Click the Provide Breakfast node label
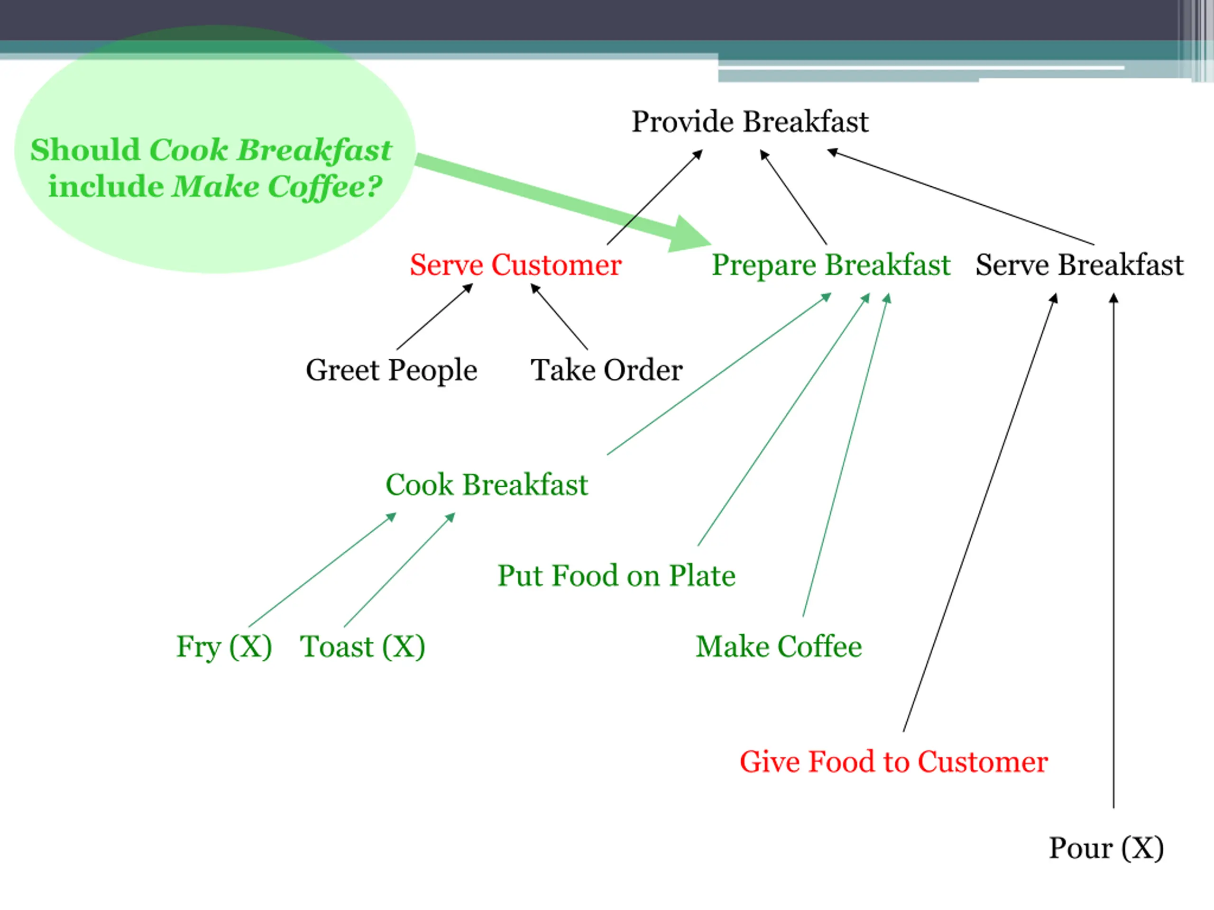pyautogui.click(x=750, y=122)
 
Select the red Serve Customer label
pyautogui.click(x=515, y=265)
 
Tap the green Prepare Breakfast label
pyautogui.click(x=830, y=265)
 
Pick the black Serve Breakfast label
pyautogui.click(x=1079, y=265)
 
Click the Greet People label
pyautogui.click(x=391, y=370)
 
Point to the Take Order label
pyautogui.click(x=607, y=370)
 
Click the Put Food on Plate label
pyautogui.click(x=616, y=576)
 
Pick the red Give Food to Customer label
pyautogui.click(x=893, y=762)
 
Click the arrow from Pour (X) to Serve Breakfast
pyautogui.click(x=1113, y=548)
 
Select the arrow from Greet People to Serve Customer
pyautogui.click(x=434, y=317)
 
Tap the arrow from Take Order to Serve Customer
pyautogui.click(x=559, y=317)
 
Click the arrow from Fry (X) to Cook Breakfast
pyautogui.click(x=322, y=570)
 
